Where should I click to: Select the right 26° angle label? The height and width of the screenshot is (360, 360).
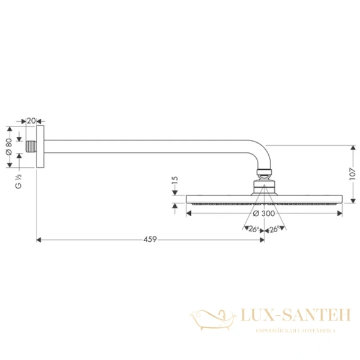(x=273, y=230)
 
